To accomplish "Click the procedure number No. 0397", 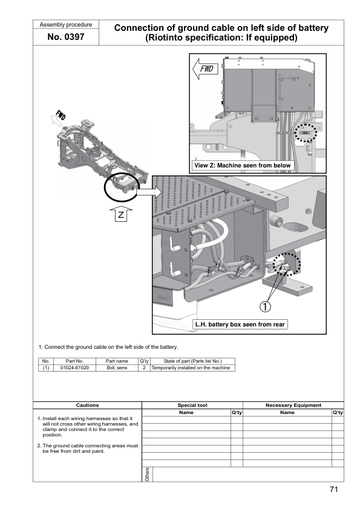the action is click(x=65, y=37).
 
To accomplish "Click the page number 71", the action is click(x=334, y=489).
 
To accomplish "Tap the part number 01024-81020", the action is click(x=74, y=368).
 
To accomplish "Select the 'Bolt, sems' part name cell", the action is click(x=117, y=368).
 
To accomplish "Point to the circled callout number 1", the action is click(x=265, y=306).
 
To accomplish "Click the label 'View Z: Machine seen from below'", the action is click(x=243, y=166).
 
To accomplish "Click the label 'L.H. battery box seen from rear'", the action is click(x=240, y=324).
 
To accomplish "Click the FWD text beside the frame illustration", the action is click(x=61, y=115).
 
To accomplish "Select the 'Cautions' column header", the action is click(x=87, y=405).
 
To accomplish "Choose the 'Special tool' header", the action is click(x=192, y=405).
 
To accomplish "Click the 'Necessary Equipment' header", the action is click(x=293, y=405).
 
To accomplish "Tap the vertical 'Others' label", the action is click(x=147, y=475).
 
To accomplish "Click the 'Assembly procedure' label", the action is click(x=65, y=25).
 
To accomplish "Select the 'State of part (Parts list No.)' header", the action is click(x=192, y=361).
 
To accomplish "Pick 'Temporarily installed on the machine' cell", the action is click(x=191, y=368).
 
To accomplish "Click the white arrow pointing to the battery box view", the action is click(x=149, y=192).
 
